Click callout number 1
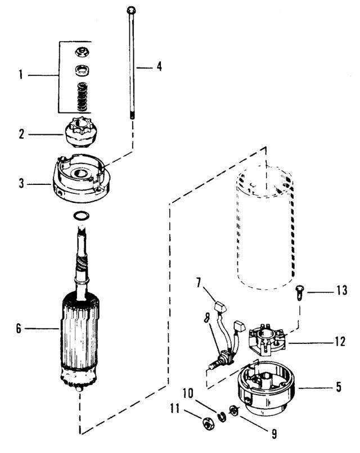click(x=21, y=75)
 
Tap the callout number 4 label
click(x=159, y=66)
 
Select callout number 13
click(x=341, y=290)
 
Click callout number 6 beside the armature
click(x=19, y=328)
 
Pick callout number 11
click(x=174, y=409)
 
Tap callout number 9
click(x=274, y=434)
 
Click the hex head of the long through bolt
click(x=131, y=10)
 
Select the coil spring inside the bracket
click(x=82, y=97)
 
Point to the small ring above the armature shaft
click(x=82, y=216)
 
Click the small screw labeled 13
click(x=299, y=293)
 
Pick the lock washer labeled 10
click(x=222, y=416)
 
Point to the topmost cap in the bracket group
click(x=82, y=53)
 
